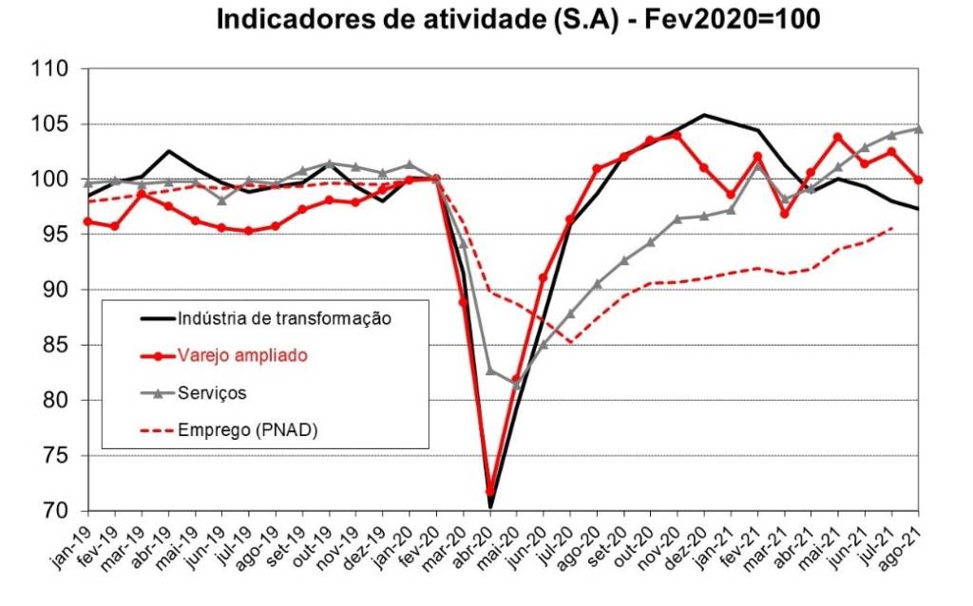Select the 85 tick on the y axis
55,345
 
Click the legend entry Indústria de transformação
284,318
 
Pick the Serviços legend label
213,391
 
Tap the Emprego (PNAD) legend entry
247,429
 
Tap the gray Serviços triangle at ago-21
918,128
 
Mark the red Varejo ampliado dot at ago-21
918,180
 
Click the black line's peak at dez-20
704,115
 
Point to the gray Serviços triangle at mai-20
517,385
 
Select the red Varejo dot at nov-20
677,135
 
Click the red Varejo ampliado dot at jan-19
87,221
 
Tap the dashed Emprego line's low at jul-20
570,343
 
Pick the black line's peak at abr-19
168,151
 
